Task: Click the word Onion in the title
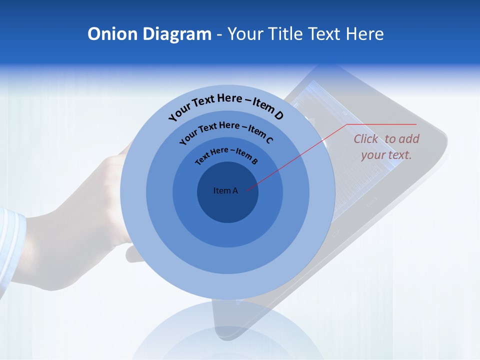tap(112, 34)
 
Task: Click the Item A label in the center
tap(225, 190)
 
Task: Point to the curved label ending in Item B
tap(226, 154)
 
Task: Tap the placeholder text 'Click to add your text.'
tap(386, 147)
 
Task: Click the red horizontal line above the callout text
tap(382, 124)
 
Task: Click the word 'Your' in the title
tap(248, 34)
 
